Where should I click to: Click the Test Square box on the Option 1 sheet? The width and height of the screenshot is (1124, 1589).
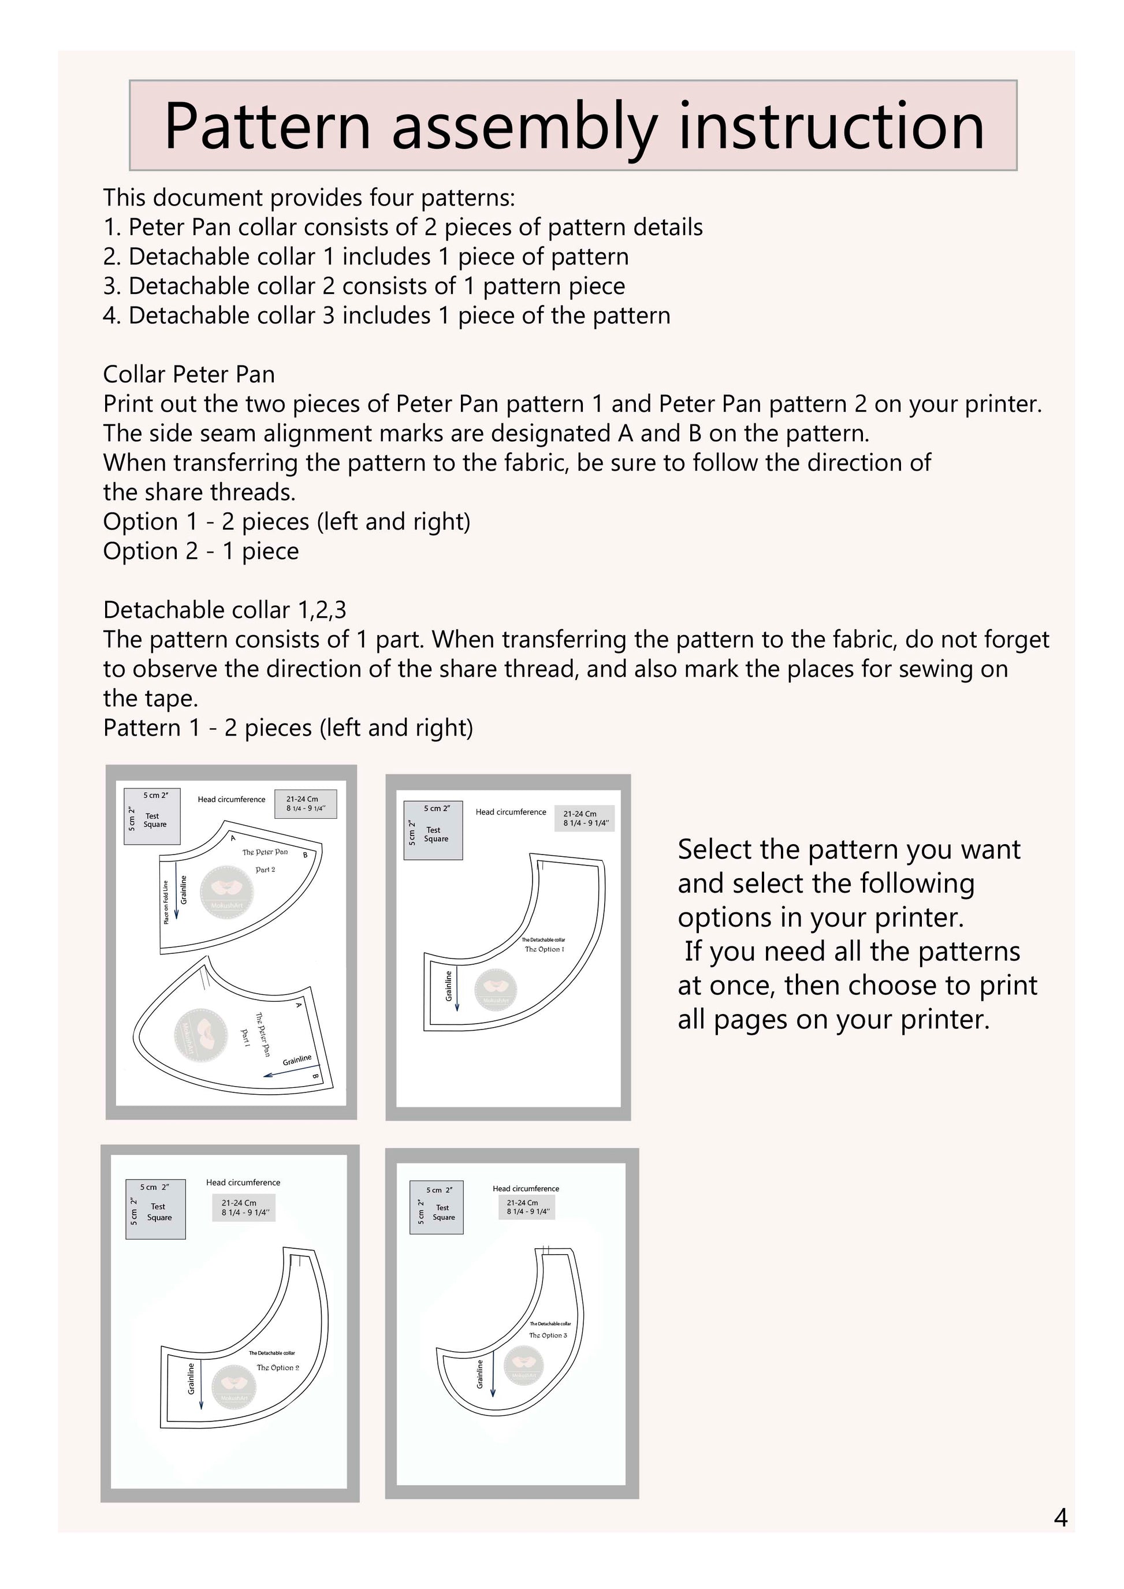[433, 830]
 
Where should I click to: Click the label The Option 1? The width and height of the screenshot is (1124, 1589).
[544, 949]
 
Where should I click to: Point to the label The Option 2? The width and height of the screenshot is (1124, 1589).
[278, 1367]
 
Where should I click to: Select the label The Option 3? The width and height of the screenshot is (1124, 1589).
[548, 1335]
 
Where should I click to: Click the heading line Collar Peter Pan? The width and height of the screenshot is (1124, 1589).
[189, 374]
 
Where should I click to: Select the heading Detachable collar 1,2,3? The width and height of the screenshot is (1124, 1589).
[224, 610]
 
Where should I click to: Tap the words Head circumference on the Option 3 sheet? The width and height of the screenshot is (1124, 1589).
[525, 1188]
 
